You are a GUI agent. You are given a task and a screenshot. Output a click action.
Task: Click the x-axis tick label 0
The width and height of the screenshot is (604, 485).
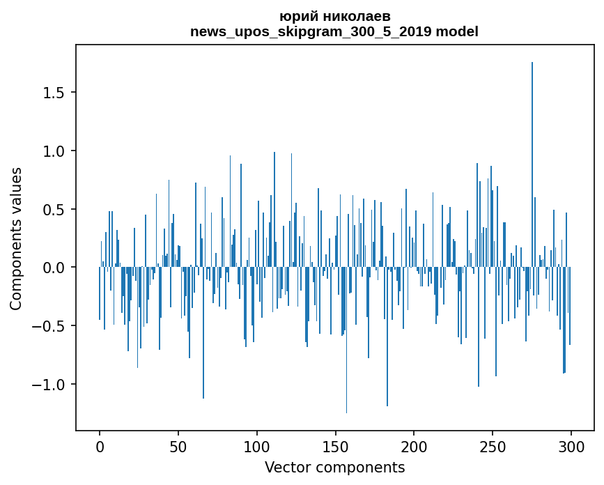(100, 446)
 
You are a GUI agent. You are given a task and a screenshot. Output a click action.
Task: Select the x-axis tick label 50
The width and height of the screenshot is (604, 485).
(178, 446)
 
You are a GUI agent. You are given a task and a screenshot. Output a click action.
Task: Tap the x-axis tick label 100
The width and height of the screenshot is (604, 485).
(257, 446)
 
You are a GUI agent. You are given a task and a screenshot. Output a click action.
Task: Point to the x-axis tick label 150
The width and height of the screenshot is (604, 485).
(335, 446)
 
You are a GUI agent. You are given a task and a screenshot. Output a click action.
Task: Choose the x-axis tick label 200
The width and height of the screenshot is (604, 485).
(414, 446)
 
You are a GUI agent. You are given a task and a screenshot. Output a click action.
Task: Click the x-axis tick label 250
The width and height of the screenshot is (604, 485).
(493, 446)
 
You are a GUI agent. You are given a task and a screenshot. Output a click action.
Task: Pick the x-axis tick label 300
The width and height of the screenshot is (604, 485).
(571, 446)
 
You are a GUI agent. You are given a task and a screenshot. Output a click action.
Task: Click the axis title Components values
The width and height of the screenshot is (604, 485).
(16, 238)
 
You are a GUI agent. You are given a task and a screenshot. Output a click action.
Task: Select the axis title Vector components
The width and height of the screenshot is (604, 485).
(334, 467)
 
